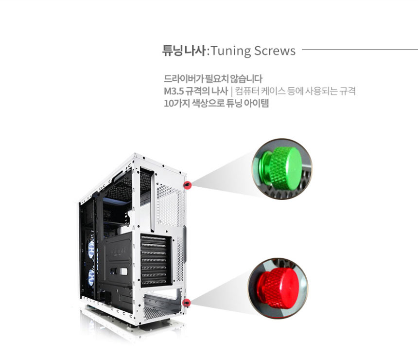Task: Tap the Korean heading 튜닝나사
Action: pyautogui.click(x=184, y=51)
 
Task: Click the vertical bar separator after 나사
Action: pyautogui.click(x=232, y=91)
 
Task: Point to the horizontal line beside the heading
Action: pyautogui.click(x=359, y=50)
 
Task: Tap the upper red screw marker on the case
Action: pyautogui.click(x=187, y=185)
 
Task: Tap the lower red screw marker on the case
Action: pyautogui.click(x=186, y=303)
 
